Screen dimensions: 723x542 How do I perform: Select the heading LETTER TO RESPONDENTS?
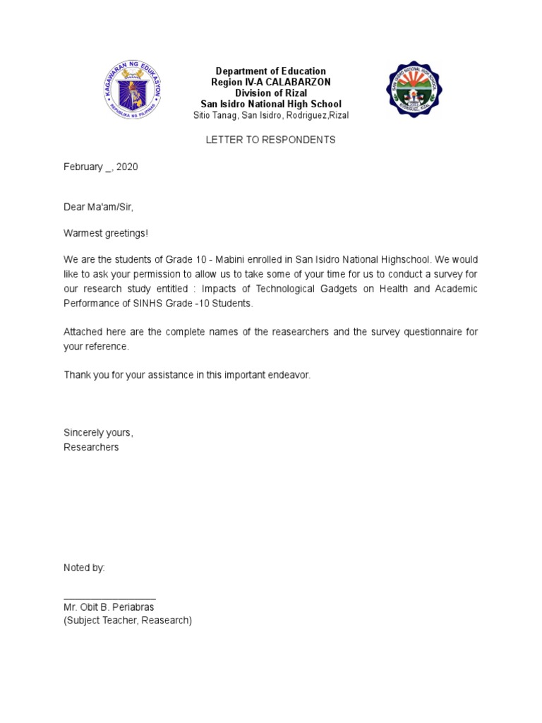tap(270, 140)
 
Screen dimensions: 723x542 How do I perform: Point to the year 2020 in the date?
tap(127, 167)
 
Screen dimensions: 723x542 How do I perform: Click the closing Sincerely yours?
tap(98, 433)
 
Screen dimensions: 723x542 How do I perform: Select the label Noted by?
tap(84, 568)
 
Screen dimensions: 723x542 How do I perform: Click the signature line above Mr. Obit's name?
tap(109, 598)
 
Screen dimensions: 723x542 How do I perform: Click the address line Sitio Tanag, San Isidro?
tap(271, 115)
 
